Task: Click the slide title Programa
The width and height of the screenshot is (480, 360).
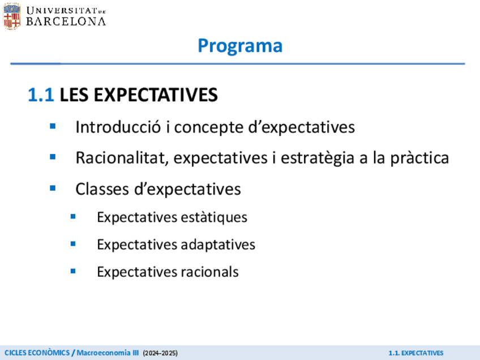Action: click(240, 46)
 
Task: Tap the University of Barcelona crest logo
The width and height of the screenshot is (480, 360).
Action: click(12, 16)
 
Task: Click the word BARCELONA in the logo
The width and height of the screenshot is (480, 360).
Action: click(66, 22)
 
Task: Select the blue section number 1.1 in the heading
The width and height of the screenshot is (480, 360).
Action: click(41, 95)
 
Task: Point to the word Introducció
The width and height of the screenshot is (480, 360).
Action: click(118, 127)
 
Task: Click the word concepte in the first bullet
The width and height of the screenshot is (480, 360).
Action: click(209, 128)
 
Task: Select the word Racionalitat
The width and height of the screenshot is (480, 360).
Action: click(122, 158)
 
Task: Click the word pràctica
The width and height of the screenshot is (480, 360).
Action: click(419, 158)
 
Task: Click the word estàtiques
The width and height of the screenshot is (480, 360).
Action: click(214, 218)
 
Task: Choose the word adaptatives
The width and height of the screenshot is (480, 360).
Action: click(218, 245)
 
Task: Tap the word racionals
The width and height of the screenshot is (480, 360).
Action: click(209, 272)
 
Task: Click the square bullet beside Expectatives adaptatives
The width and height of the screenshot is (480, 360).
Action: click(73, 244)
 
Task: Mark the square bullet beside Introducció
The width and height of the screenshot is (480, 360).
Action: click(53, 126)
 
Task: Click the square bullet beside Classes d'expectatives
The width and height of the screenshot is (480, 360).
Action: click(53, 188)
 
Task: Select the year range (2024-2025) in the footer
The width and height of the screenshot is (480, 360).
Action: click(160, 353)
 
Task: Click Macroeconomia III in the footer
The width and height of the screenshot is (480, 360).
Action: click(108, 353)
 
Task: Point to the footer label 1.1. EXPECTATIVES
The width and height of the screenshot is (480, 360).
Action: click(416, 353)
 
